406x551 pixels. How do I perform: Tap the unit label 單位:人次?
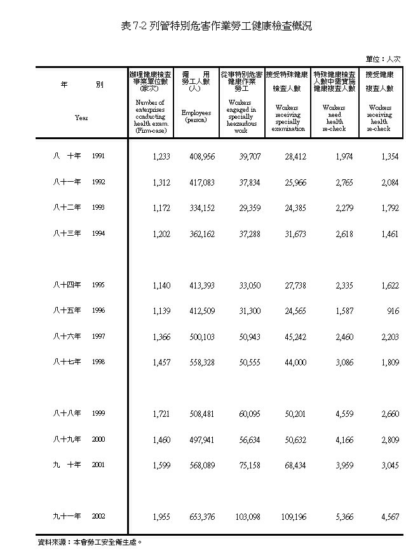[383, 59]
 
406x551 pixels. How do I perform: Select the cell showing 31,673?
[293, 234]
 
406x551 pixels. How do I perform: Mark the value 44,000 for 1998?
[293, 362]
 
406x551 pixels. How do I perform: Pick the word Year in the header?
[81, 118]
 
